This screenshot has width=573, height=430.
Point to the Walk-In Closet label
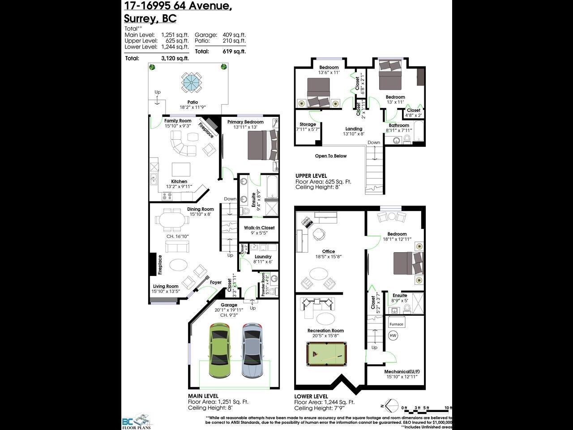point(259,228)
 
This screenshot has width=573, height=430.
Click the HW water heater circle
point(393,335)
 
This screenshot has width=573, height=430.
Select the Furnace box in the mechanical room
point(396,324)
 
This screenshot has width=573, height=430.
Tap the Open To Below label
point(331,156)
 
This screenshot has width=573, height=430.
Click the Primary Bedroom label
point(245,122)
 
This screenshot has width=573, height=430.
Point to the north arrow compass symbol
point(391,406)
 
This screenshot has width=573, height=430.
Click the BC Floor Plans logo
point(137,421)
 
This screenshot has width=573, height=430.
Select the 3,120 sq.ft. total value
point(175,58)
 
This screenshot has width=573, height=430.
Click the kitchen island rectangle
point(181,169)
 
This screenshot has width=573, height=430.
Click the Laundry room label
point(263,257)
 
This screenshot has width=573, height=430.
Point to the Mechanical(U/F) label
point(402,371)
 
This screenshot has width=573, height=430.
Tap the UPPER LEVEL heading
point(311,176)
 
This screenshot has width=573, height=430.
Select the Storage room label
point(308,124)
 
